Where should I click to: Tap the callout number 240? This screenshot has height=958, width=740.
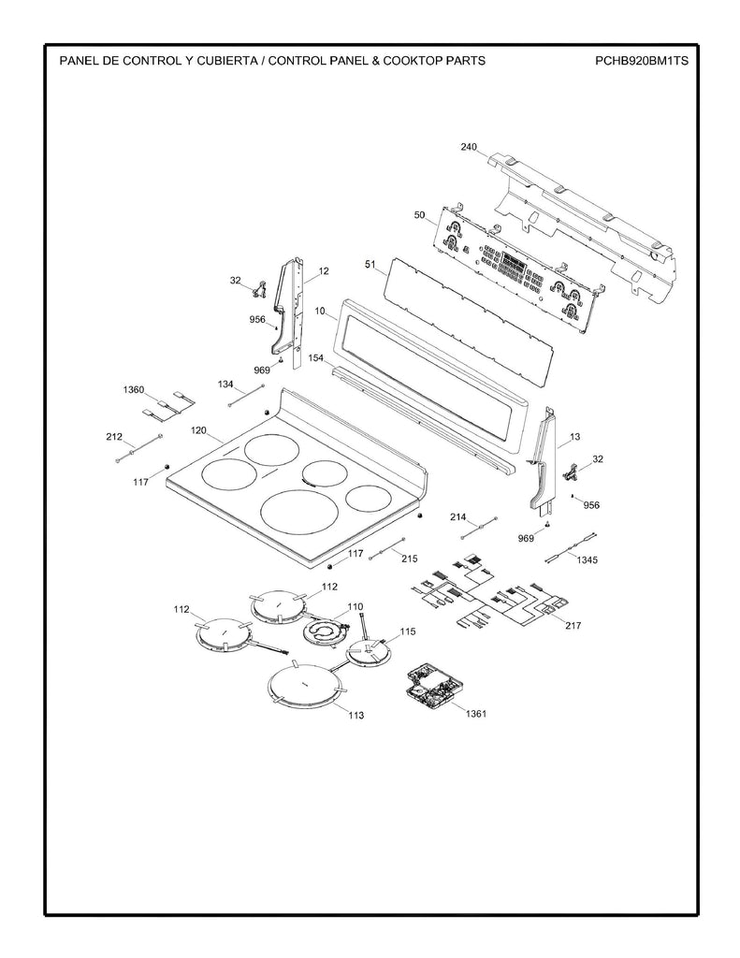[x=469, y=147]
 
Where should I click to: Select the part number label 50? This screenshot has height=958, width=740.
[x=420, y=215]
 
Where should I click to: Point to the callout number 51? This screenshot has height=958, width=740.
[x=370, y=266]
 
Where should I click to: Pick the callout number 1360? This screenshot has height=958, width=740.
[x=134, y=388]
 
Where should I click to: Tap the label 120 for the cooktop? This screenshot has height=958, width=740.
[x=198, y=430]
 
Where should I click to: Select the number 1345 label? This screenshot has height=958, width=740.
[x=588, y=559]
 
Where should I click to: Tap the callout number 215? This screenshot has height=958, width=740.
[x=409, y=559]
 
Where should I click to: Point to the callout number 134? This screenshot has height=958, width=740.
[x=226, y=385]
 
